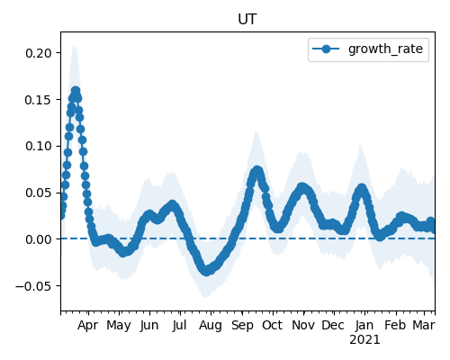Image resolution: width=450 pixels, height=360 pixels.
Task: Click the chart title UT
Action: coord(247,20)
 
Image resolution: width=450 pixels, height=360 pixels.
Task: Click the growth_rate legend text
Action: coord(385,49)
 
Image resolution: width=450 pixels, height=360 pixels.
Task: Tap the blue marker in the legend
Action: coord(326,49)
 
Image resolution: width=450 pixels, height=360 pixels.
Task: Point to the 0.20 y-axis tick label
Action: coord(39,53)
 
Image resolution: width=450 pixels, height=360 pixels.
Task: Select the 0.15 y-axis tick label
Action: coord(39,100)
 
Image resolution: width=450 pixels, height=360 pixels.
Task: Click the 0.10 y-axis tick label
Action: coord(39,146)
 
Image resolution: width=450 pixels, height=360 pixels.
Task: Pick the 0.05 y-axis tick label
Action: coord(39,193)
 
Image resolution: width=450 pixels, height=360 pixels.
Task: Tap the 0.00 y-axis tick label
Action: coord(39,239)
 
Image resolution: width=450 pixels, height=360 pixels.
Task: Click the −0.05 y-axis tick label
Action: coord(34,286)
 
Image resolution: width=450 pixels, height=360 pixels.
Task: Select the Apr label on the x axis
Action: coord(88,326)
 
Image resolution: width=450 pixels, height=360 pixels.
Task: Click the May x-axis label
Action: coord(119,326)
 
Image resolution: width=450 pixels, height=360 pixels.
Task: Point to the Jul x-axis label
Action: coord(180,325)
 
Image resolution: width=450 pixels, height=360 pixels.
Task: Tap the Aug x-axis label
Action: coord(211,326)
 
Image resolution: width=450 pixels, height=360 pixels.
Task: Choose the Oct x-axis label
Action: coord(273,325)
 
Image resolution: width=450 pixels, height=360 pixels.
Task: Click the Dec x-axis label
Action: coord(333,325)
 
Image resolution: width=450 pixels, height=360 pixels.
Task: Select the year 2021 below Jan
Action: coord(364,340)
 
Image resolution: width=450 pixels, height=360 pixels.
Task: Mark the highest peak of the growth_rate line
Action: coord(76,91)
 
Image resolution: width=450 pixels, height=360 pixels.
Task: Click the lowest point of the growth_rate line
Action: coord(206,271)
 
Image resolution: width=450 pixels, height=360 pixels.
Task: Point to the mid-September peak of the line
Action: coord(257,171)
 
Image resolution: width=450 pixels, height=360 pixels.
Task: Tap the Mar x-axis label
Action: coord(424,325)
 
